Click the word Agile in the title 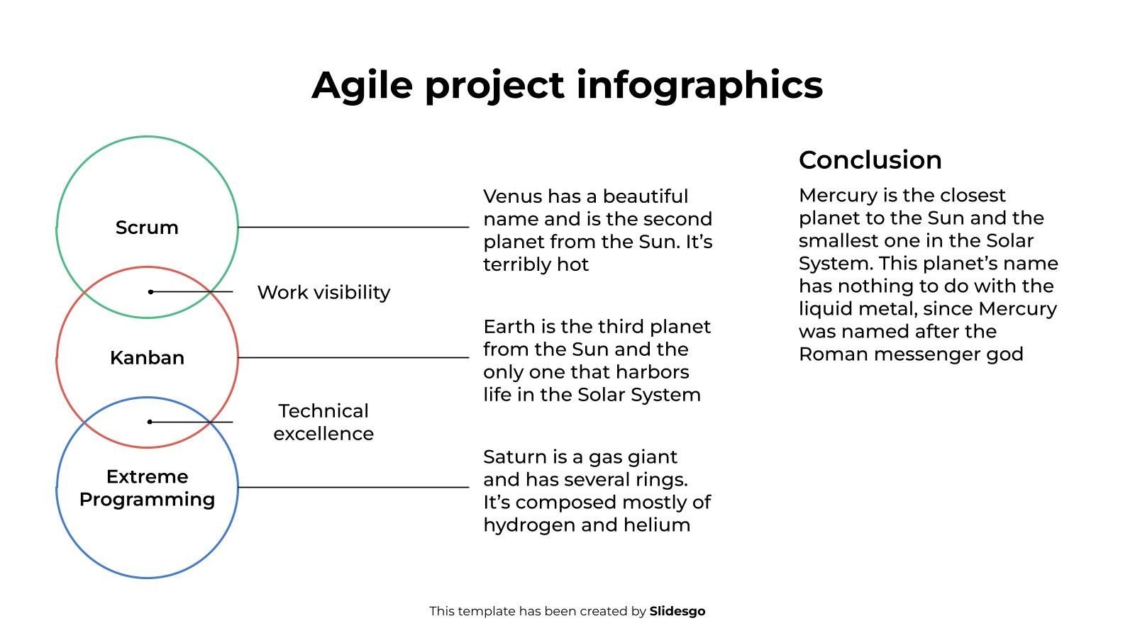coord(362,86)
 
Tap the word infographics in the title coord(699,86)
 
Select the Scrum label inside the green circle coord(147,228)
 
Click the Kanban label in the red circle coord(147,358)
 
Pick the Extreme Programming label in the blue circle coord(147,488)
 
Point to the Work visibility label coord(323,293)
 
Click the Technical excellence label coord(323,422)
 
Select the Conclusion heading coord(870,160)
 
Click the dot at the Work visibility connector coord(150,291)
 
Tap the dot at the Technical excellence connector coord(150,422)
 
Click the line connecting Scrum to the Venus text coord(354,227)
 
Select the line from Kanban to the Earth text coord(354,357)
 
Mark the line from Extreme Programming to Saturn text coord(354,488)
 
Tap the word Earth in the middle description coord(509,327)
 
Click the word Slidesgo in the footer coord(677,611)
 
